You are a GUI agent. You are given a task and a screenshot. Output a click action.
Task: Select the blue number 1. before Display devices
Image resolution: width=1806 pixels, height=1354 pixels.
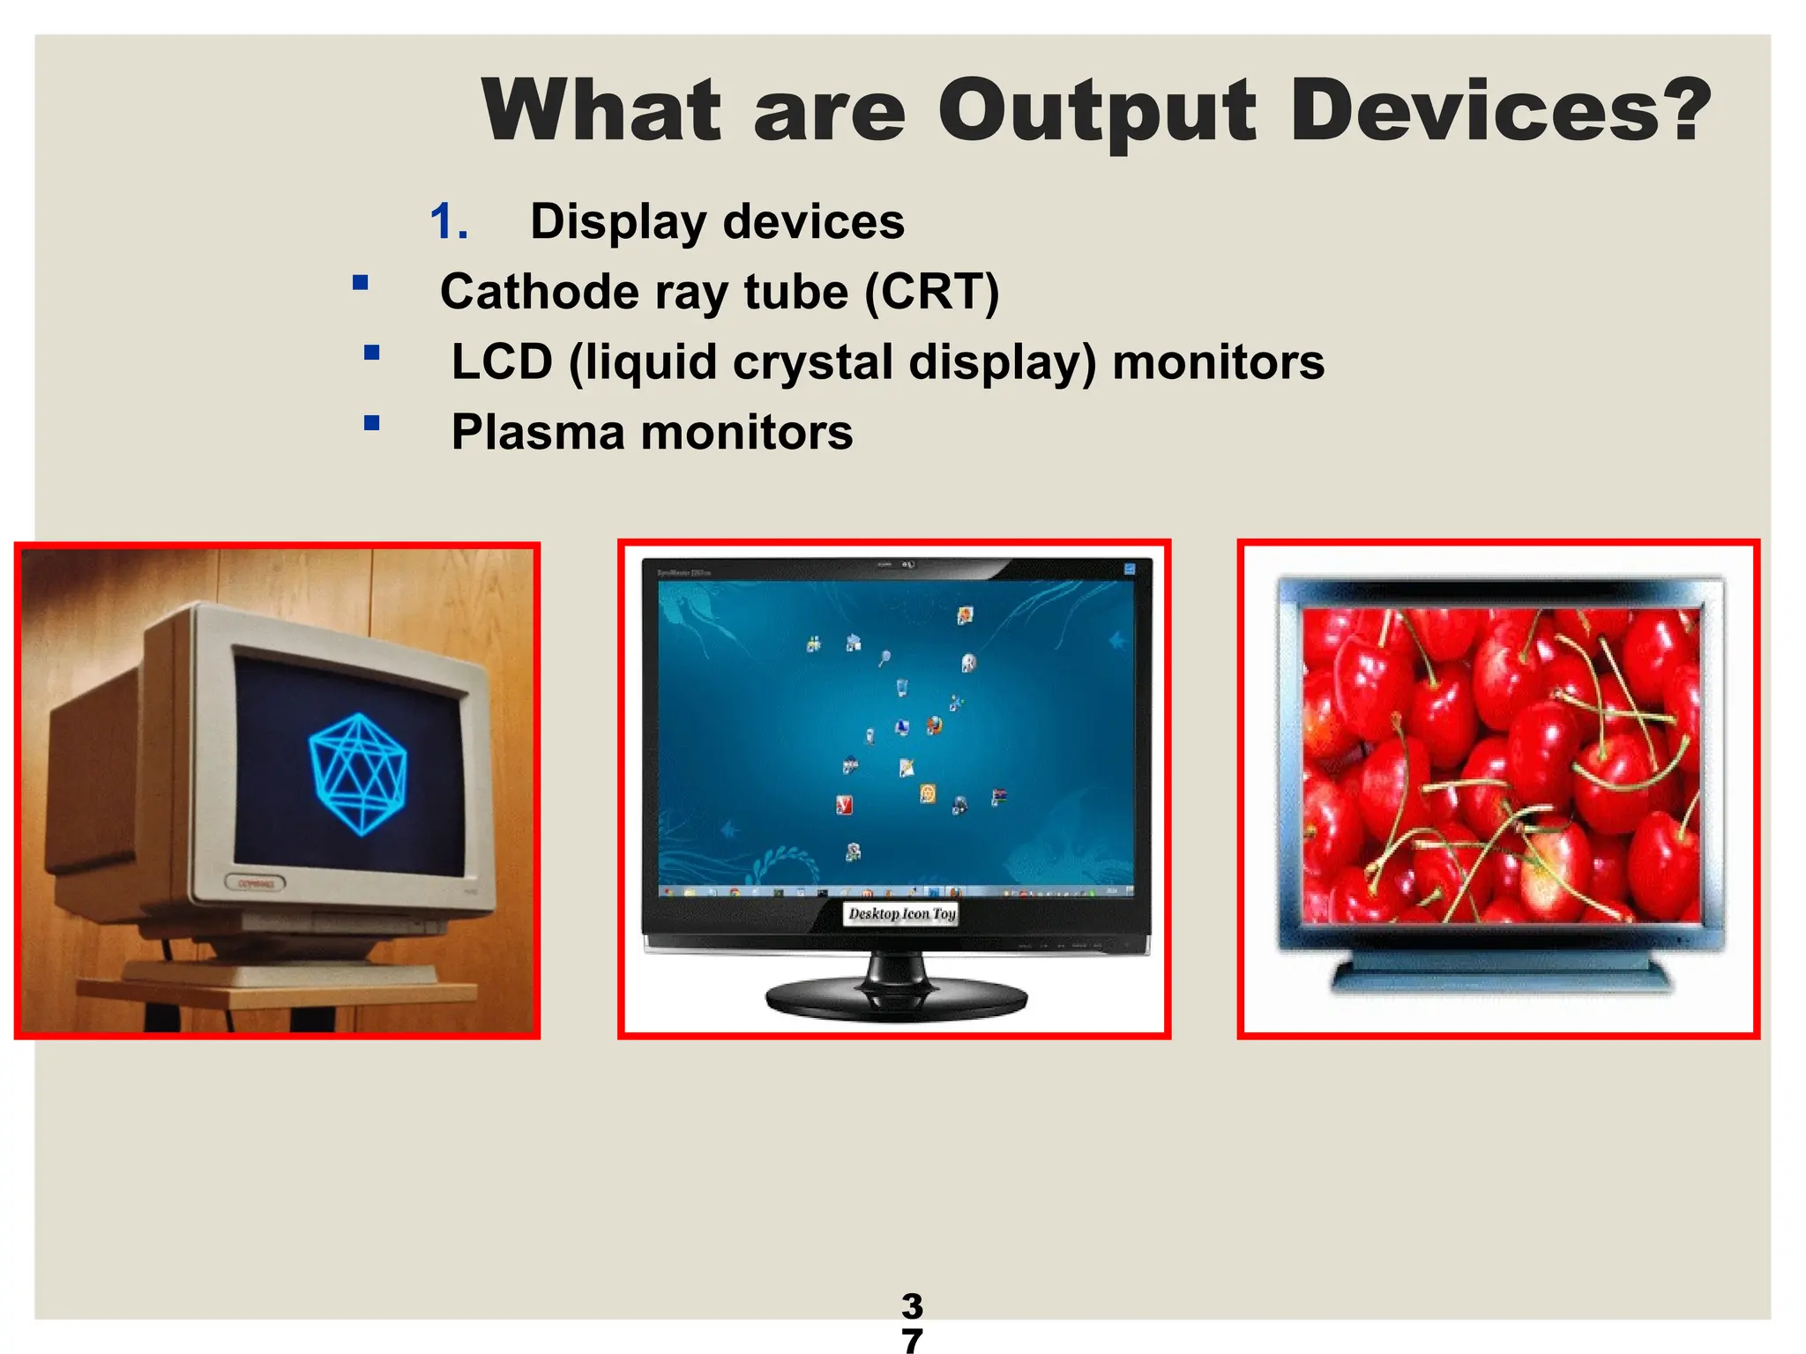tap(448, 221)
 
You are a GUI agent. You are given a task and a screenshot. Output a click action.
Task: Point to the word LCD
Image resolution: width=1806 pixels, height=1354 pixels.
tap(502, 362)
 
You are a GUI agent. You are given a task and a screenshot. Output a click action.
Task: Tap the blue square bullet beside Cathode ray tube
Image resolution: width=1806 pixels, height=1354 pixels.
tap(360, 283)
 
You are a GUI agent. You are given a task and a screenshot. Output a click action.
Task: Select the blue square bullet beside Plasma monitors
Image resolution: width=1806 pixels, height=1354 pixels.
tap(371, 423)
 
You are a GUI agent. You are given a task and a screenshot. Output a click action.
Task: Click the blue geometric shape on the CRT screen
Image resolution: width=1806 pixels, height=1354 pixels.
tap(357, 774)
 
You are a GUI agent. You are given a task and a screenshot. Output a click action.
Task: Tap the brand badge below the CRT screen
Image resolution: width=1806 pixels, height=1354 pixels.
tap(255, 882)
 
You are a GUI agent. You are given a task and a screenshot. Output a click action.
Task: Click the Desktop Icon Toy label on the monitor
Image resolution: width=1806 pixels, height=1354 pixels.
tap(901, 914)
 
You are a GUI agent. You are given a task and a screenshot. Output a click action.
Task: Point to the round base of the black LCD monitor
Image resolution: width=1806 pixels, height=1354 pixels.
tap(896, 1001)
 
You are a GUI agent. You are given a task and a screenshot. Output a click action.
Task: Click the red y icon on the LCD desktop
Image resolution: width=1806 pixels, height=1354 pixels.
tap(844, 804)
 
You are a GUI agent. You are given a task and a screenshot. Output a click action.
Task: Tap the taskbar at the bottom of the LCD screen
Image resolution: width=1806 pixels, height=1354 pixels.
tap(895, 892)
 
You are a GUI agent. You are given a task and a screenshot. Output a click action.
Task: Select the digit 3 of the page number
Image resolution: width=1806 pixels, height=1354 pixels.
tap(912, 1306)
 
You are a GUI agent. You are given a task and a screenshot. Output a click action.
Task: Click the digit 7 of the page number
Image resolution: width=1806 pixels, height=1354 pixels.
tap(912, 1340)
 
